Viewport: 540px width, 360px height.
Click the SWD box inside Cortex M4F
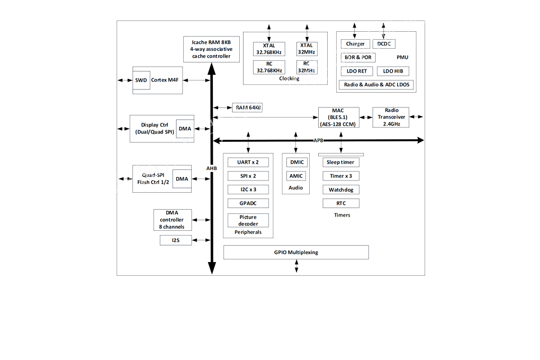click(x=141, y=80)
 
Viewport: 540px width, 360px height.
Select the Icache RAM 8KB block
click(x=211, y=49)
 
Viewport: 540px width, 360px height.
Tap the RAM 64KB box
click(x=247, y=107)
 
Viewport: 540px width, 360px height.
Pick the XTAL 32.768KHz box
click(x=269, y=49)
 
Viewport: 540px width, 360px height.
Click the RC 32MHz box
click(x=307, y=67)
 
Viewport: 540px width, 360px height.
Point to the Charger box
click(x=355, y=44)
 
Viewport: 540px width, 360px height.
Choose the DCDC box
click(x=384, y=44)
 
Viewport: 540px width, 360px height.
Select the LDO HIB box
click(x=393, y=71)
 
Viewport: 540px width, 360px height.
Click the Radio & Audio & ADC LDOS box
click(x=376, y=85)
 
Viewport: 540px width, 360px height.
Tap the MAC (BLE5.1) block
click(x=338, y=117)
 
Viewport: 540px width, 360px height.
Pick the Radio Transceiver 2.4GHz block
click(x=391, y=117)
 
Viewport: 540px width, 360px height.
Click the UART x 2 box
click(x=248, y=162)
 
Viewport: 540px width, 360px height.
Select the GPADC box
click(x=248, y=203)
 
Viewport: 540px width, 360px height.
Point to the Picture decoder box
click(x=248, y=220)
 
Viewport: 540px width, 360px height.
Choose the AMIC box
click(x=296, y=176)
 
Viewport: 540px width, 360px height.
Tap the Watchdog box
click(x=341, y=190)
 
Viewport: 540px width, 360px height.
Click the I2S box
click(x=176, y=240)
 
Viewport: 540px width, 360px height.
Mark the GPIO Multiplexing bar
click(x=296, y=252)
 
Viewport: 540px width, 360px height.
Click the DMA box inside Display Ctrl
click(x=185, y=129)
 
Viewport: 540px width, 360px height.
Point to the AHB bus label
click(x=211, y=168)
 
